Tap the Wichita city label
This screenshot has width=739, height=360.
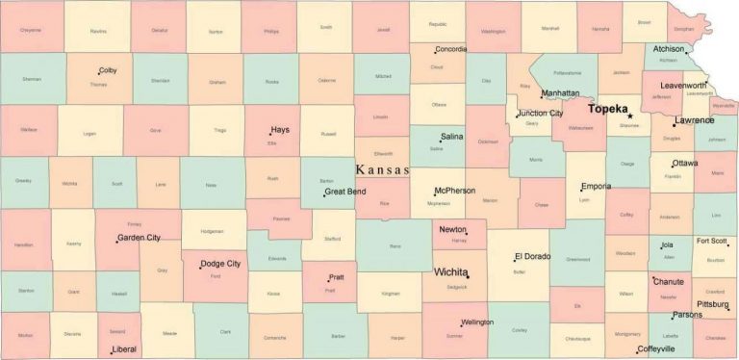tap(451, 272)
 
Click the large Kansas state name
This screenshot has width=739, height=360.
tap(383, 169)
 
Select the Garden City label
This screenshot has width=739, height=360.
tap(139, 237)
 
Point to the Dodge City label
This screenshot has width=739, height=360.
tap(220, 264)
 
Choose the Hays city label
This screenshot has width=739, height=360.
tap(280, 129)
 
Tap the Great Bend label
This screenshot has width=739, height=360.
tap(345, 192)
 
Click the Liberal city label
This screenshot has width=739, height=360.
tap(123, 349)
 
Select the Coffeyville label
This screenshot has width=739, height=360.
tap(656, 348)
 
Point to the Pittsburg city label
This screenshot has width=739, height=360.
tap(713, 303)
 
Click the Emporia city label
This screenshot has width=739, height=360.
tap(596, 186)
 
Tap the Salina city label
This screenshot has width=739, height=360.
tap(452, 138)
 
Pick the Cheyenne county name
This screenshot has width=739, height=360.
tap(31, 30)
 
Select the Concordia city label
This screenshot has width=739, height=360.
tap(450, 49)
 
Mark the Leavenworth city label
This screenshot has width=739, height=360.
tap(683, 86)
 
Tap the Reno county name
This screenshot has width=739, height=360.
tap(395, 246)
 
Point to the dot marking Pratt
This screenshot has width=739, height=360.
tap(329, 280)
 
